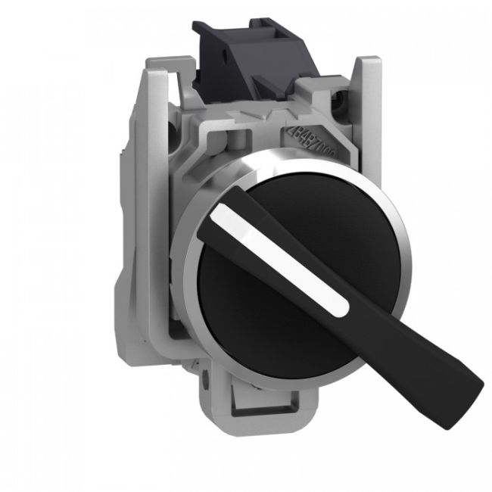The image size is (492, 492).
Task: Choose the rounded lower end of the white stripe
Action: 344,307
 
